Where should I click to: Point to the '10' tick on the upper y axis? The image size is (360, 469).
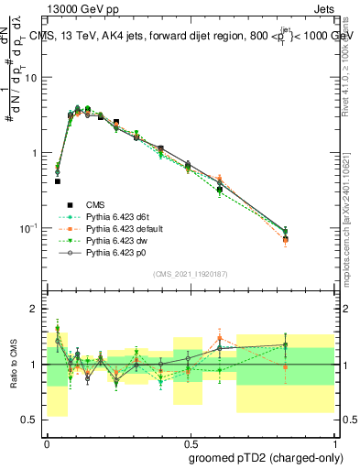(31, 78)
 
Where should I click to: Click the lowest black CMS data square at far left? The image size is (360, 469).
(57, 181)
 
